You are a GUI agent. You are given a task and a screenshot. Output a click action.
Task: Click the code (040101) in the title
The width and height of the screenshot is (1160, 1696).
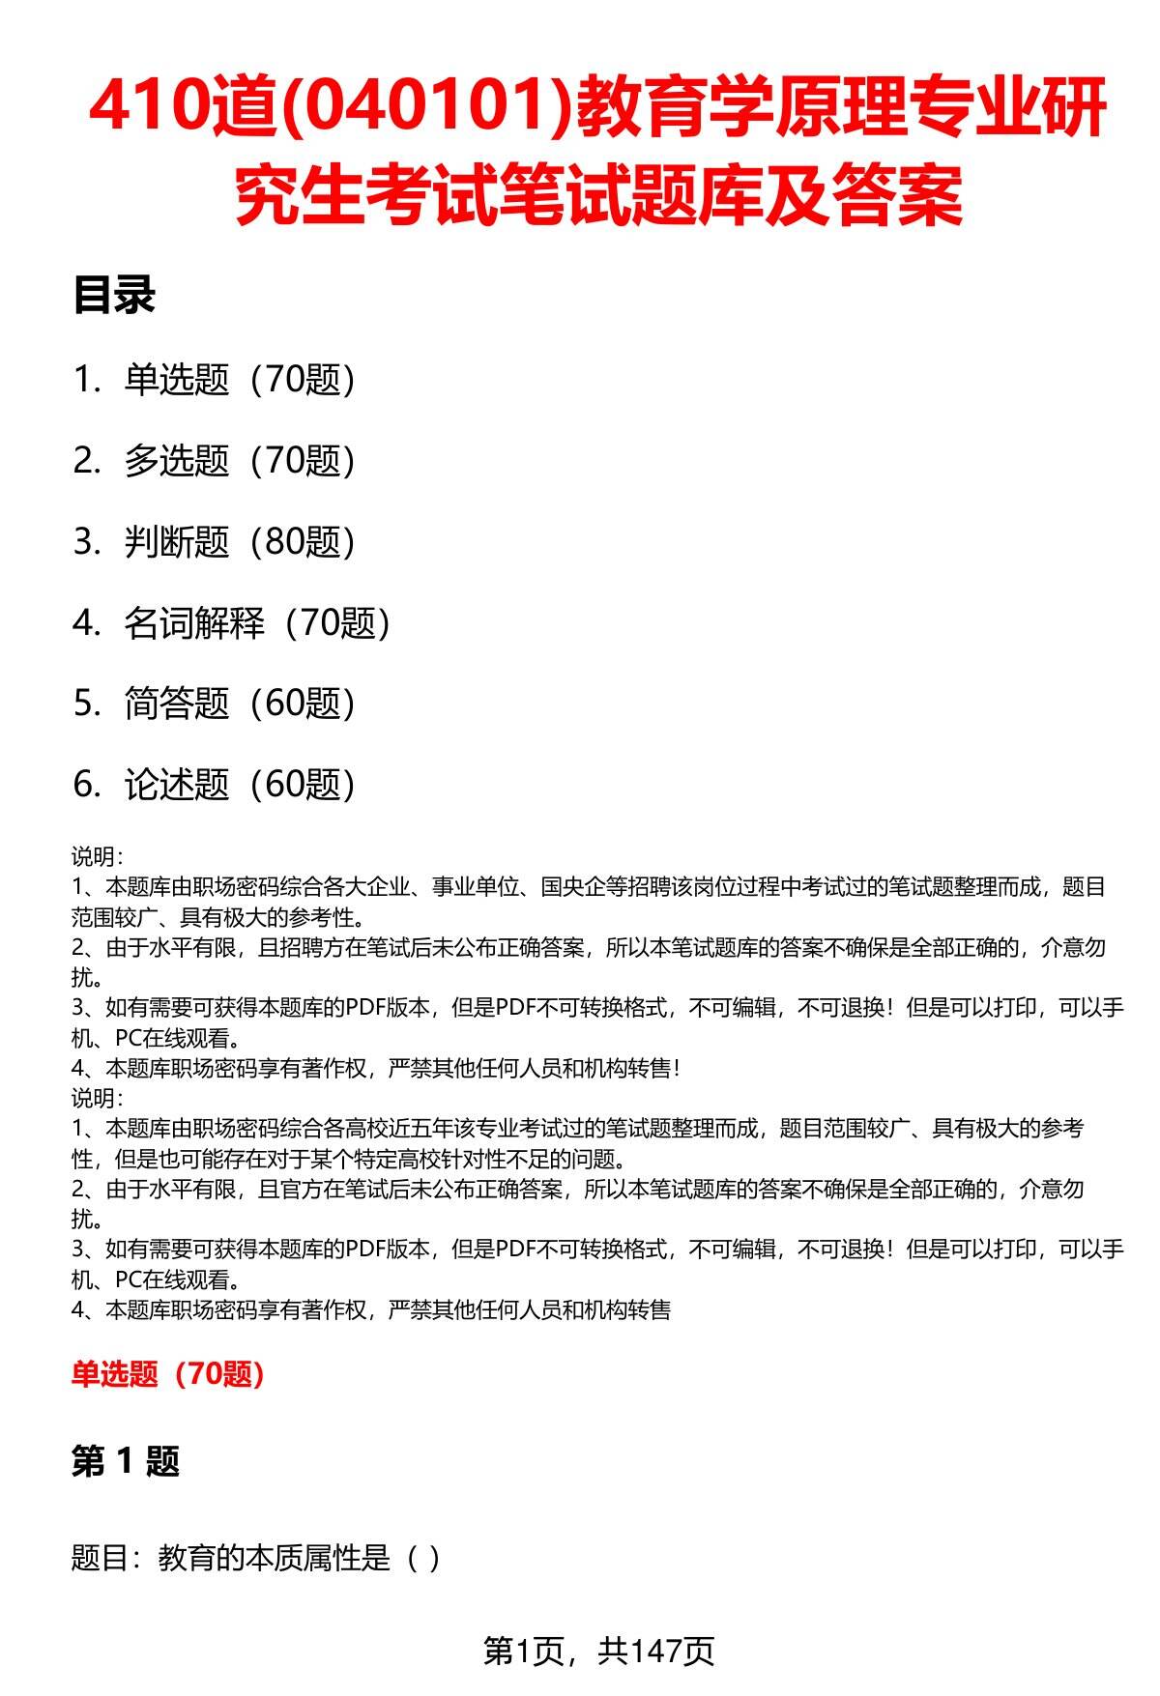point(392,110)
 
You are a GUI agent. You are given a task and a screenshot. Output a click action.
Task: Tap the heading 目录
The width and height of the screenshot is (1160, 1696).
point(114,296)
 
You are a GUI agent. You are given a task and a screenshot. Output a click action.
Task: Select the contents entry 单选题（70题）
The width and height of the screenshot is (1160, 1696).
point(240,380)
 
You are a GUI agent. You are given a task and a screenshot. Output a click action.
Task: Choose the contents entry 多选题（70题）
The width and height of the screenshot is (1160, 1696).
point(240,461)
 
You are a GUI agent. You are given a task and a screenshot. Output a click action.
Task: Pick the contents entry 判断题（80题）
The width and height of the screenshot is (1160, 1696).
point(240,542)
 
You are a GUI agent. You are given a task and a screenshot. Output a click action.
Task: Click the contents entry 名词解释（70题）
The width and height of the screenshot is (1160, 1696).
point(257,623)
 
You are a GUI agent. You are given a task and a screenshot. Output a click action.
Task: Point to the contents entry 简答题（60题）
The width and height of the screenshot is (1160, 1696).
point(240,704)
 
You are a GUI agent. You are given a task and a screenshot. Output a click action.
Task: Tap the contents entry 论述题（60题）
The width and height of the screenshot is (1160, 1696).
point(240,785)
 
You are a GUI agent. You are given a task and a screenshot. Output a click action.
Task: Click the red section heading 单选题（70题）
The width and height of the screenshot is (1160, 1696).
point(168,1374)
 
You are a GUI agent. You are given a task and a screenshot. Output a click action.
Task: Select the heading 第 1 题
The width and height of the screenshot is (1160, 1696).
point(126,1461)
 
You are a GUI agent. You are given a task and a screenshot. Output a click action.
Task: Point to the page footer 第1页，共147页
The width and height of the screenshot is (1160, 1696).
point(598,1652)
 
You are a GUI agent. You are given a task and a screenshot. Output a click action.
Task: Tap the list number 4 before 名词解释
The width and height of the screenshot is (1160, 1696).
point(85,623)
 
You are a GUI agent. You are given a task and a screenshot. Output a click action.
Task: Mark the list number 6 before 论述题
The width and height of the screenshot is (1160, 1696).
point(85,785)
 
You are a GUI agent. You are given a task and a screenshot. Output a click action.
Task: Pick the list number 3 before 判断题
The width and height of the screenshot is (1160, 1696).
point(85,542)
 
